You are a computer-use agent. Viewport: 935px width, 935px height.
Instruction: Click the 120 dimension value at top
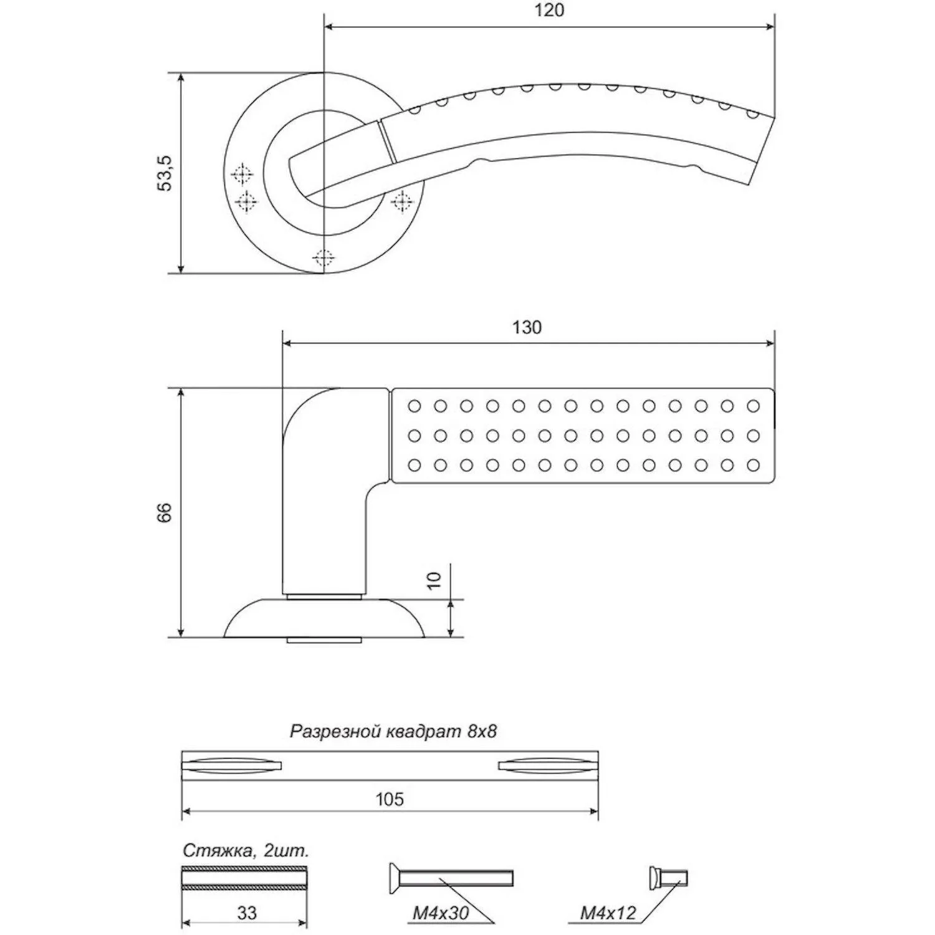tap(549, 11)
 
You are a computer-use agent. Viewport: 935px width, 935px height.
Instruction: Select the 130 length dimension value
tap(527, 327)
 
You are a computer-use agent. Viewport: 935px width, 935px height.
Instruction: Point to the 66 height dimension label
tap(164, 512)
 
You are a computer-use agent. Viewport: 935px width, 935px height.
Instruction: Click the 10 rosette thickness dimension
tap(434, 580)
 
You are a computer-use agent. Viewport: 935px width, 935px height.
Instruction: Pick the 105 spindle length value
tap(390, 799)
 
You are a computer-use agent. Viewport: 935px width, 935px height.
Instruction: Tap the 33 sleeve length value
tap(247, 913)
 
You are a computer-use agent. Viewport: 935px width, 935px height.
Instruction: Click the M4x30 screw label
tap(440, 914)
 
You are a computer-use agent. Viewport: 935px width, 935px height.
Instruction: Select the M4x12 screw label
tap(608, 914)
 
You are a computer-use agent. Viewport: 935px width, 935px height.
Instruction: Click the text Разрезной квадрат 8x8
tap(393, 731)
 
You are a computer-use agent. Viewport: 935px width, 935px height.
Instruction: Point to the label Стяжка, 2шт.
tap(246, 851)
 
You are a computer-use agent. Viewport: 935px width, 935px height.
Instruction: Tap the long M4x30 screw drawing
tap(450, 878)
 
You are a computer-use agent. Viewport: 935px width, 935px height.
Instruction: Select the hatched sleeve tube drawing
tap(245, 878)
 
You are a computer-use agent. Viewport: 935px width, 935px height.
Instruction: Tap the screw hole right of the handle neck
tap(403, 201)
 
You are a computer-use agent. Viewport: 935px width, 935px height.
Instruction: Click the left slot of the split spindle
tap(232, 765)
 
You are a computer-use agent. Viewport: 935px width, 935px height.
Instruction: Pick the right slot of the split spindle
tap(549, 765)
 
